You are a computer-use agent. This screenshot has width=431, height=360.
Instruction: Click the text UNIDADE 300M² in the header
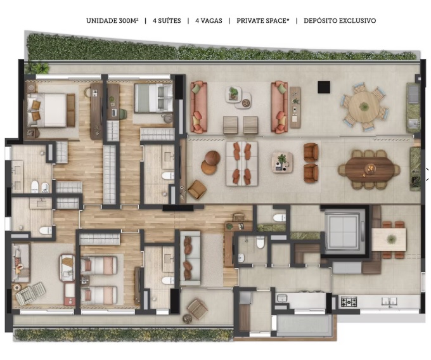click(112, 21)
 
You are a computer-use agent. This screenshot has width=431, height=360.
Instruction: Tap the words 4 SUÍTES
click(167, 21)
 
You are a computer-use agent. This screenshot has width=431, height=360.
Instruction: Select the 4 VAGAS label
click(209, 21)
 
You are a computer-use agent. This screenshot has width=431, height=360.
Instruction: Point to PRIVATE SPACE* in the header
click(263, 21)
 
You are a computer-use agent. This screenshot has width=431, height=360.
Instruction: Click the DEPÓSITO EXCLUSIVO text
click(340, 21)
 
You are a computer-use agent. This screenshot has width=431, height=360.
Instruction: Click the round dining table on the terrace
click(364, 106)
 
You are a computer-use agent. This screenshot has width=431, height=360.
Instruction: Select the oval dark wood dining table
click(369, 168)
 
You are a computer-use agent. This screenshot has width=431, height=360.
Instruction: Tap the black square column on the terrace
click(324, 87)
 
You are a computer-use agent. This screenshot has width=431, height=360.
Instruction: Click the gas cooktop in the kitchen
click(349, 302)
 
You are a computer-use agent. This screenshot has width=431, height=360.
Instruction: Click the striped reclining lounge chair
click(30, 293)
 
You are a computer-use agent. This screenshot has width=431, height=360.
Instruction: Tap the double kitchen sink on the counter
click(390, 302)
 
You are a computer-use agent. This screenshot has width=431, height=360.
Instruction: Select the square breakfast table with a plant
click(389, 240)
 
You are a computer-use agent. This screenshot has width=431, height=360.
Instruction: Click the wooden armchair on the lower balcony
click(197, 309)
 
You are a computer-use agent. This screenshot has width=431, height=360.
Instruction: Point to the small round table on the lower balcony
click(188, 319)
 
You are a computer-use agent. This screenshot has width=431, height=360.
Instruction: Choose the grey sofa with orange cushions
click(190, 258)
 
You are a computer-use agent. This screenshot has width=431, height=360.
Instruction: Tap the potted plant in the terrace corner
click(41, 68)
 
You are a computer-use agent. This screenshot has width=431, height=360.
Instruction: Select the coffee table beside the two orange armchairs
click(282, 162)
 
